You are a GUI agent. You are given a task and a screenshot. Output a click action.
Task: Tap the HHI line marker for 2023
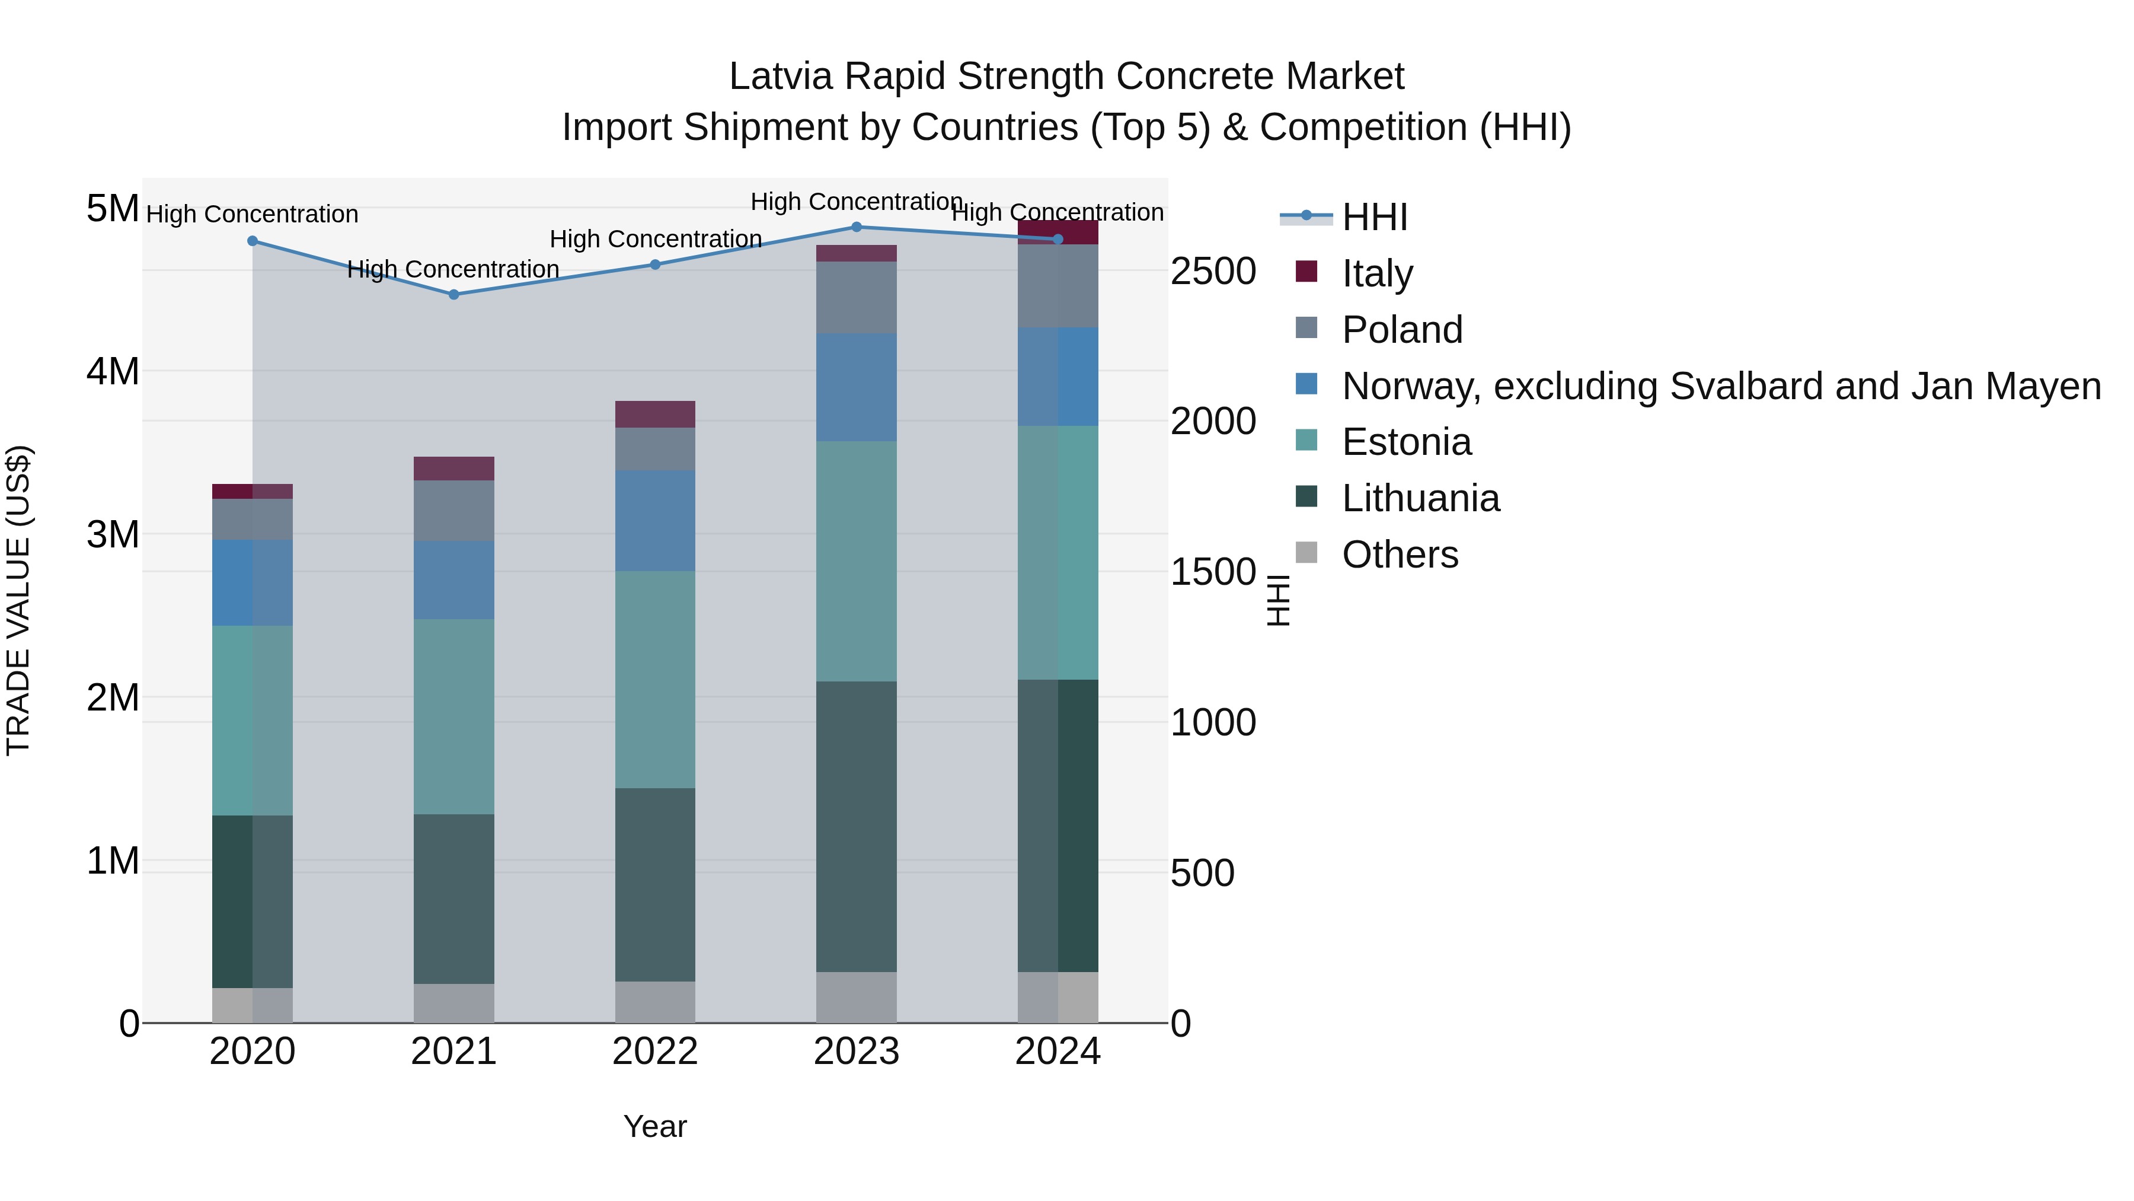pyautogui.click(x=857, y=227)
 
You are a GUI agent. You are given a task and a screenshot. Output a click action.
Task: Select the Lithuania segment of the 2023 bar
pyautogui.click(x=857, y=826)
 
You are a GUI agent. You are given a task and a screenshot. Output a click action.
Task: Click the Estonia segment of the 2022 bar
pyautogui.click(x=654, y=680)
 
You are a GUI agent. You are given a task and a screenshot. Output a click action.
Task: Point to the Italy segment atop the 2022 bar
pyautogui.click(x=654, y=415)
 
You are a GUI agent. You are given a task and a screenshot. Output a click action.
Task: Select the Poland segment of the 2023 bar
pyautogui.click(x=857, y=298)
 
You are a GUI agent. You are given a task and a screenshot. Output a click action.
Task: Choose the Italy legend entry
pyautogui.click(x=1377, y=273)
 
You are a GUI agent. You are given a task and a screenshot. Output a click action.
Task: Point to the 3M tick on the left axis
pyautogui.click(x=113, y=534)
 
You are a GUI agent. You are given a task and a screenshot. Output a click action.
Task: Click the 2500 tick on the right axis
pyautogui.click(x=1213, y=272)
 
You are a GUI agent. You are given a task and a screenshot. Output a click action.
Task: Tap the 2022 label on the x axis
pyautogui.click(x=654, y=1052)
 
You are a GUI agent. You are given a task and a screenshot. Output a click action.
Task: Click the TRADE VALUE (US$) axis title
pyautogui.click(x=18, y=600)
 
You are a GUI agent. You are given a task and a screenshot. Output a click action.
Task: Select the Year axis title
pyautogui.click(x=654, y=1126)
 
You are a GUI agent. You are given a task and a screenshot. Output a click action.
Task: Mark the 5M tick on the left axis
pyautogui.click(x=113, y=208)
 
